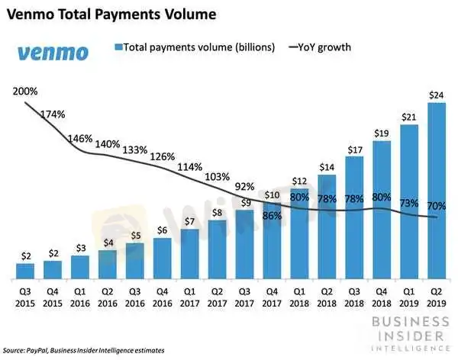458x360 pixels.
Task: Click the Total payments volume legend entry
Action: (194, 47)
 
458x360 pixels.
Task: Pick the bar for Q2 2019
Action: (437, 191)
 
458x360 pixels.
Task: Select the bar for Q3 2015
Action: (25, 271)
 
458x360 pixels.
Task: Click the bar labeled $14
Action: (327, 227)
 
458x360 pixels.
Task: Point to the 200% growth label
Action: (25, 92)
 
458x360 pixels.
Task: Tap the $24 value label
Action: (437, 95)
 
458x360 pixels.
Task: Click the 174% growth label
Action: (53, 114)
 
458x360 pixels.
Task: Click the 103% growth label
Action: (217, 176)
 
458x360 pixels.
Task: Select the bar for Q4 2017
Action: (272, 242)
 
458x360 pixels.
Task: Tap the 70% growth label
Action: (437, 205)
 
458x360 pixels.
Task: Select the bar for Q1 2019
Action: (409, 201)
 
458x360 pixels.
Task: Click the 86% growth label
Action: (272, 217)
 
